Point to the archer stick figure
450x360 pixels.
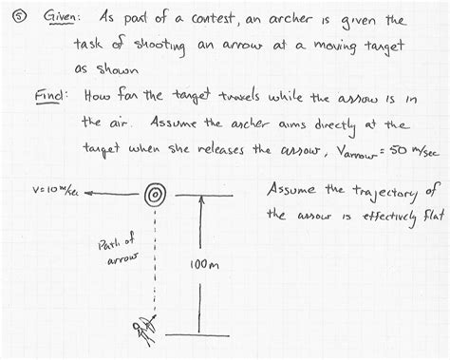tap(145, 329)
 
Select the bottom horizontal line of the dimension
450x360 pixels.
tap(202, 332)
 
